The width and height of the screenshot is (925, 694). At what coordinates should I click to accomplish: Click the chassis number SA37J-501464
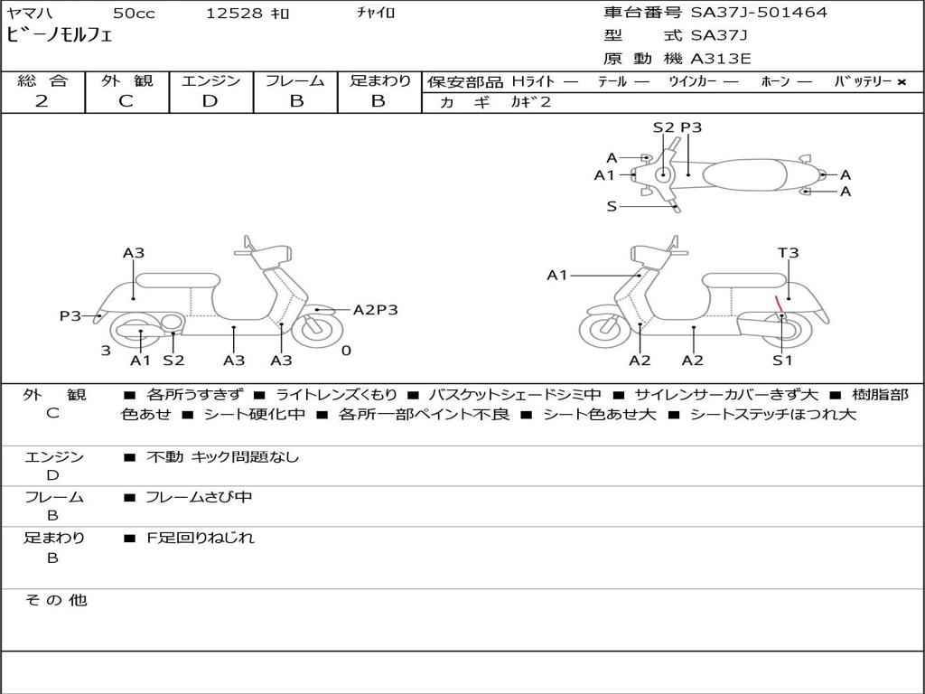[x=759, y=13]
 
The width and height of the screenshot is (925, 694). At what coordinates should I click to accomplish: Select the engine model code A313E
[x=720, y=59]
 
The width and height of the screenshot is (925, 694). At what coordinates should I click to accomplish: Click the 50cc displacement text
[x=134, y=13]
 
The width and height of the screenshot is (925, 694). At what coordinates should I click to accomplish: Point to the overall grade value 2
[x=42, y=101]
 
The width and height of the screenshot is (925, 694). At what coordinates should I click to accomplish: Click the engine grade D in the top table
[x=210, y=101]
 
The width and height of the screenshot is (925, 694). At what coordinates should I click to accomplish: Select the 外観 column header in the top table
[x=126, y=80]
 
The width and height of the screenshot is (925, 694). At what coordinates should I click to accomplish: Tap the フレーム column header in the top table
[x=295, y=80]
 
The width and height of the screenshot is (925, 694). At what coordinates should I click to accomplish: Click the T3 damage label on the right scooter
[x=788, y=253]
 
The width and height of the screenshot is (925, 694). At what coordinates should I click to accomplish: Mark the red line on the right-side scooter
[x=779, y=304]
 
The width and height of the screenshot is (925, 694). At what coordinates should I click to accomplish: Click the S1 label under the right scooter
[x=782, y=360]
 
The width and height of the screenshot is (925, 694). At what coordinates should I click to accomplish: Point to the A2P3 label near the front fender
[x=376, y=310]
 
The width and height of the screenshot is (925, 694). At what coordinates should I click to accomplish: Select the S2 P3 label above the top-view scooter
[x=677, y=127]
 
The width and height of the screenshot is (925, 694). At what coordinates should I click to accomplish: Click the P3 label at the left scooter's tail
[x=70, y=315]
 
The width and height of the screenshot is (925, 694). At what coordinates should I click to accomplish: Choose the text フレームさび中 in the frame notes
[x=199, y=497]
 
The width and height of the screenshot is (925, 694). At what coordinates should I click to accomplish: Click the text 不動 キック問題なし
[x=222, y=456]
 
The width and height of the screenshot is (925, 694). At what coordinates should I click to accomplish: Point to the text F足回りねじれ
[x=200, y=538]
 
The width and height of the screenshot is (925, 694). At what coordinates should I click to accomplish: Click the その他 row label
[x=55, y=600]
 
